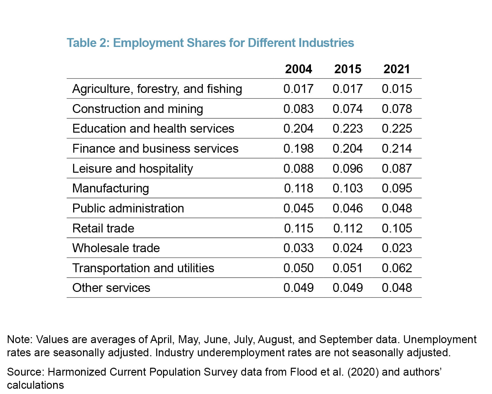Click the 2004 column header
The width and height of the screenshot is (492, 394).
pos(298,69)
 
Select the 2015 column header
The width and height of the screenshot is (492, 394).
pos(347,69)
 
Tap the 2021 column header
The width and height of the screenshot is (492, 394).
pos(397,69)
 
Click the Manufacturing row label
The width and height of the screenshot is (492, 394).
pos(111,188)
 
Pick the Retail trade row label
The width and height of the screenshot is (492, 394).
pos(103,228)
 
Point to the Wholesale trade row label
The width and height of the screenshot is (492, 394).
pos(116,248)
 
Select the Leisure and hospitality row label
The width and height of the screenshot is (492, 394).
pos(133,168)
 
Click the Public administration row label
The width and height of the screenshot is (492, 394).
pos(128,208)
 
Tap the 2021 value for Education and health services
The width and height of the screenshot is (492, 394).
pos(397,128)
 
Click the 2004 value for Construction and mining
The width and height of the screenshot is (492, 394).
pos(298,109)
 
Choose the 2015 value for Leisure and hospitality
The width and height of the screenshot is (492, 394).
pos(347,168)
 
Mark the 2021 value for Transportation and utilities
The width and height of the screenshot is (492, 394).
pos(397,268)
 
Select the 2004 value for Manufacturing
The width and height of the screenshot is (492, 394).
pos(298,188)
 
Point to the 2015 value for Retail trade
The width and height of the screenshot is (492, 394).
pos(347,228)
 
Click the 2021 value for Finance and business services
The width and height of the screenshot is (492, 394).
pos(397,148)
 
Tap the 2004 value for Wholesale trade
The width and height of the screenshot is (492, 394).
pos(298,248)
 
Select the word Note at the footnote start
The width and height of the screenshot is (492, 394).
pos(19,339)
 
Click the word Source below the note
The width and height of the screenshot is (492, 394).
pos(25,372)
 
